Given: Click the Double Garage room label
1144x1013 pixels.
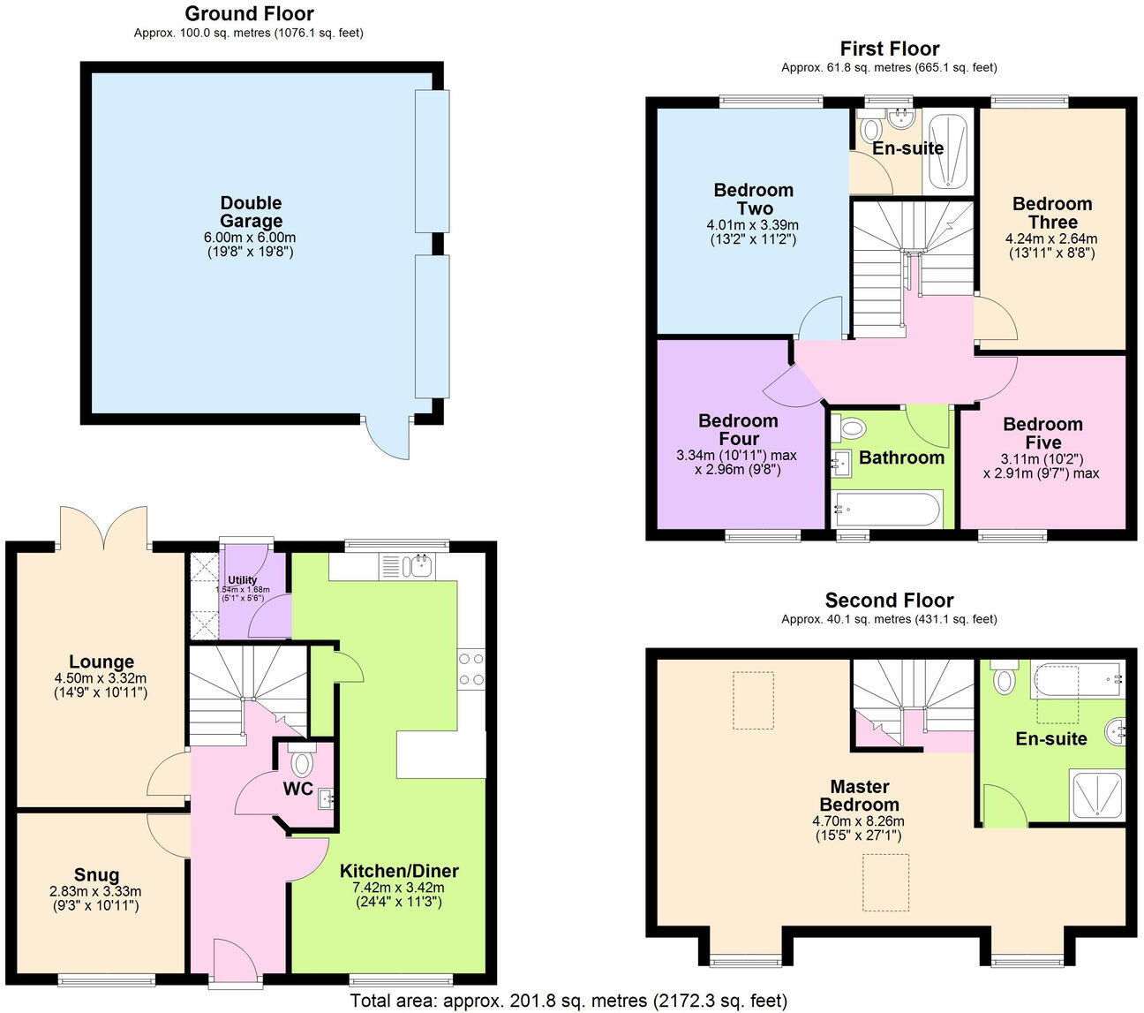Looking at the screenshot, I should tap(251, 213).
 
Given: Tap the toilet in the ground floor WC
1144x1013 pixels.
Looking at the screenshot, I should tap(302, 760).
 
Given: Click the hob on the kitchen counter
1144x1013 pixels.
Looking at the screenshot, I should tap(470, 669).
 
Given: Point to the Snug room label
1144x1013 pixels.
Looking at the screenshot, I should tap(96, 876).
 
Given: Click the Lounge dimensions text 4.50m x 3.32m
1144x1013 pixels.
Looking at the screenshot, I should tap(102, 678).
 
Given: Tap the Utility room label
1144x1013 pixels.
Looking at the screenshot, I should tap(242, 580).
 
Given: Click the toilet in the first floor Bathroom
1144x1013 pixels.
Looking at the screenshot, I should tap(849, 429).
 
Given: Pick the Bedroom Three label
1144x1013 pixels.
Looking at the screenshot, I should tap(1052, 213).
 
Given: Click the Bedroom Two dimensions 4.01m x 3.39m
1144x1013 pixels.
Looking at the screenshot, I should tap(753, 224).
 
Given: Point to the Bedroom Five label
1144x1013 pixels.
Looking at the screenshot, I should tap(1042, 434).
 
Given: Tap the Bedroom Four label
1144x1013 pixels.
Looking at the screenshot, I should tap(738, 430).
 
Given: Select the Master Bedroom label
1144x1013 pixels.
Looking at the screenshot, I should tap(859, 796).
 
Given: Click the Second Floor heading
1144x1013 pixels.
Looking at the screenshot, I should tap(889, 601).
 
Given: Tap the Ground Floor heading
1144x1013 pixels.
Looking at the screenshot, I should tap(249, 14).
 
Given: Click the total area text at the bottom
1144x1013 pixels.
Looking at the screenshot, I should tap(568, 1001).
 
